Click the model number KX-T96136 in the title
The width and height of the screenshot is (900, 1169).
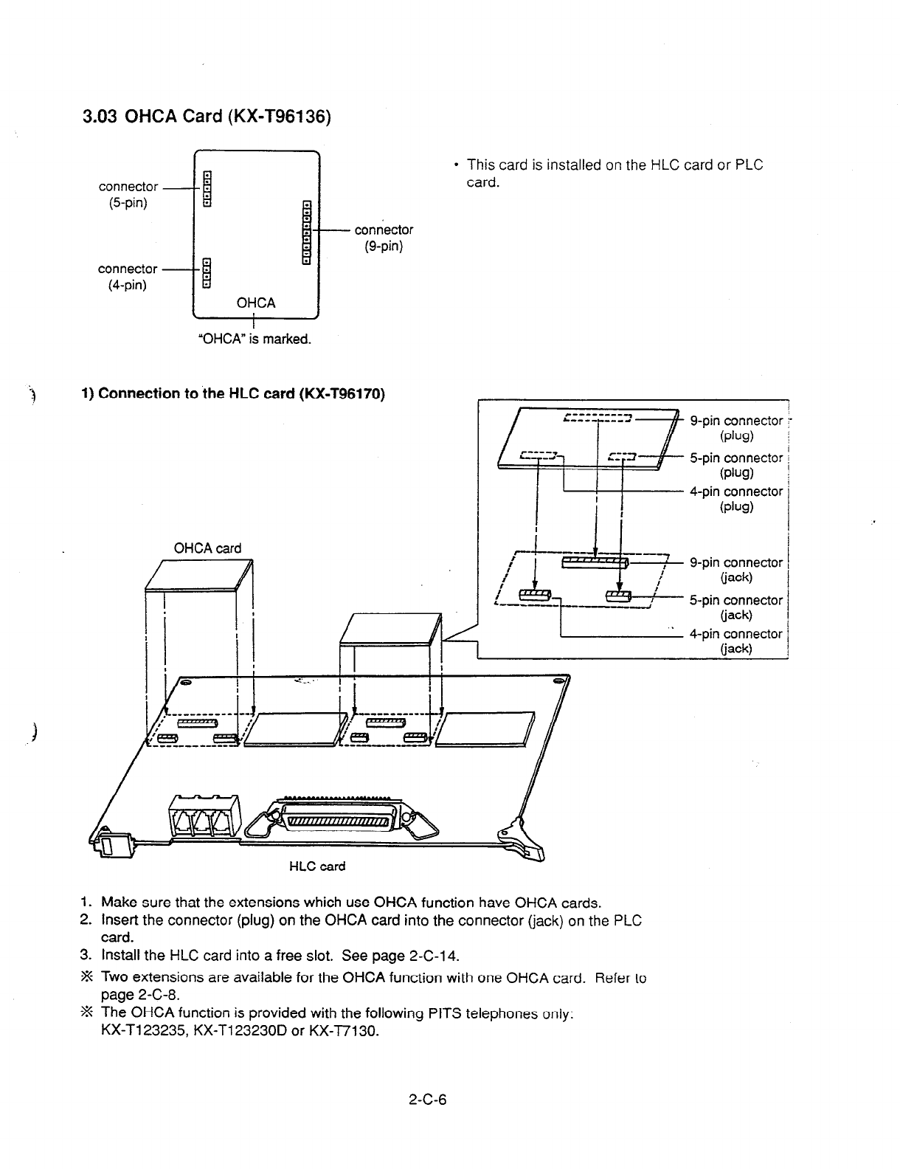pyautogui.click(x=281, y=117)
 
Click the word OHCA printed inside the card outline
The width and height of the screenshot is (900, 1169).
pyautogui.click(x=255, y=303)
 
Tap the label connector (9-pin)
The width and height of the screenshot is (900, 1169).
pyautogui.click(x=384, y=238)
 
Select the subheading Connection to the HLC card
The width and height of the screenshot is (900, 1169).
pyautogui.click(x=240, y=393)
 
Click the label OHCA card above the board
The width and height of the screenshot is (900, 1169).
pyautogui.click(x=207, y=548)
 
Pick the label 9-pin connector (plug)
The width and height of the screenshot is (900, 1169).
pyautogui.click(x=735, y=428)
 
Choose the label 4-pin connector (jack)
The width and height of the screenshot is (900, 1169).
pyautogui.click(x=735, y=641)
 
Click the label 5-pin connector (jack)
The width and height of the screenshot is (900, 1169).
pyautogui.click(x=735, y=607)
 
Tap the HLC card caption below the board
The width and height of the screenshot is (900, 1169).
pyautogui.click(x=316, y=866)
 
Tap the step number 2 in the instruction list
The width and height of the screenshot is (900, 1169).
pyautogui.click(x=85, y=920)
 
